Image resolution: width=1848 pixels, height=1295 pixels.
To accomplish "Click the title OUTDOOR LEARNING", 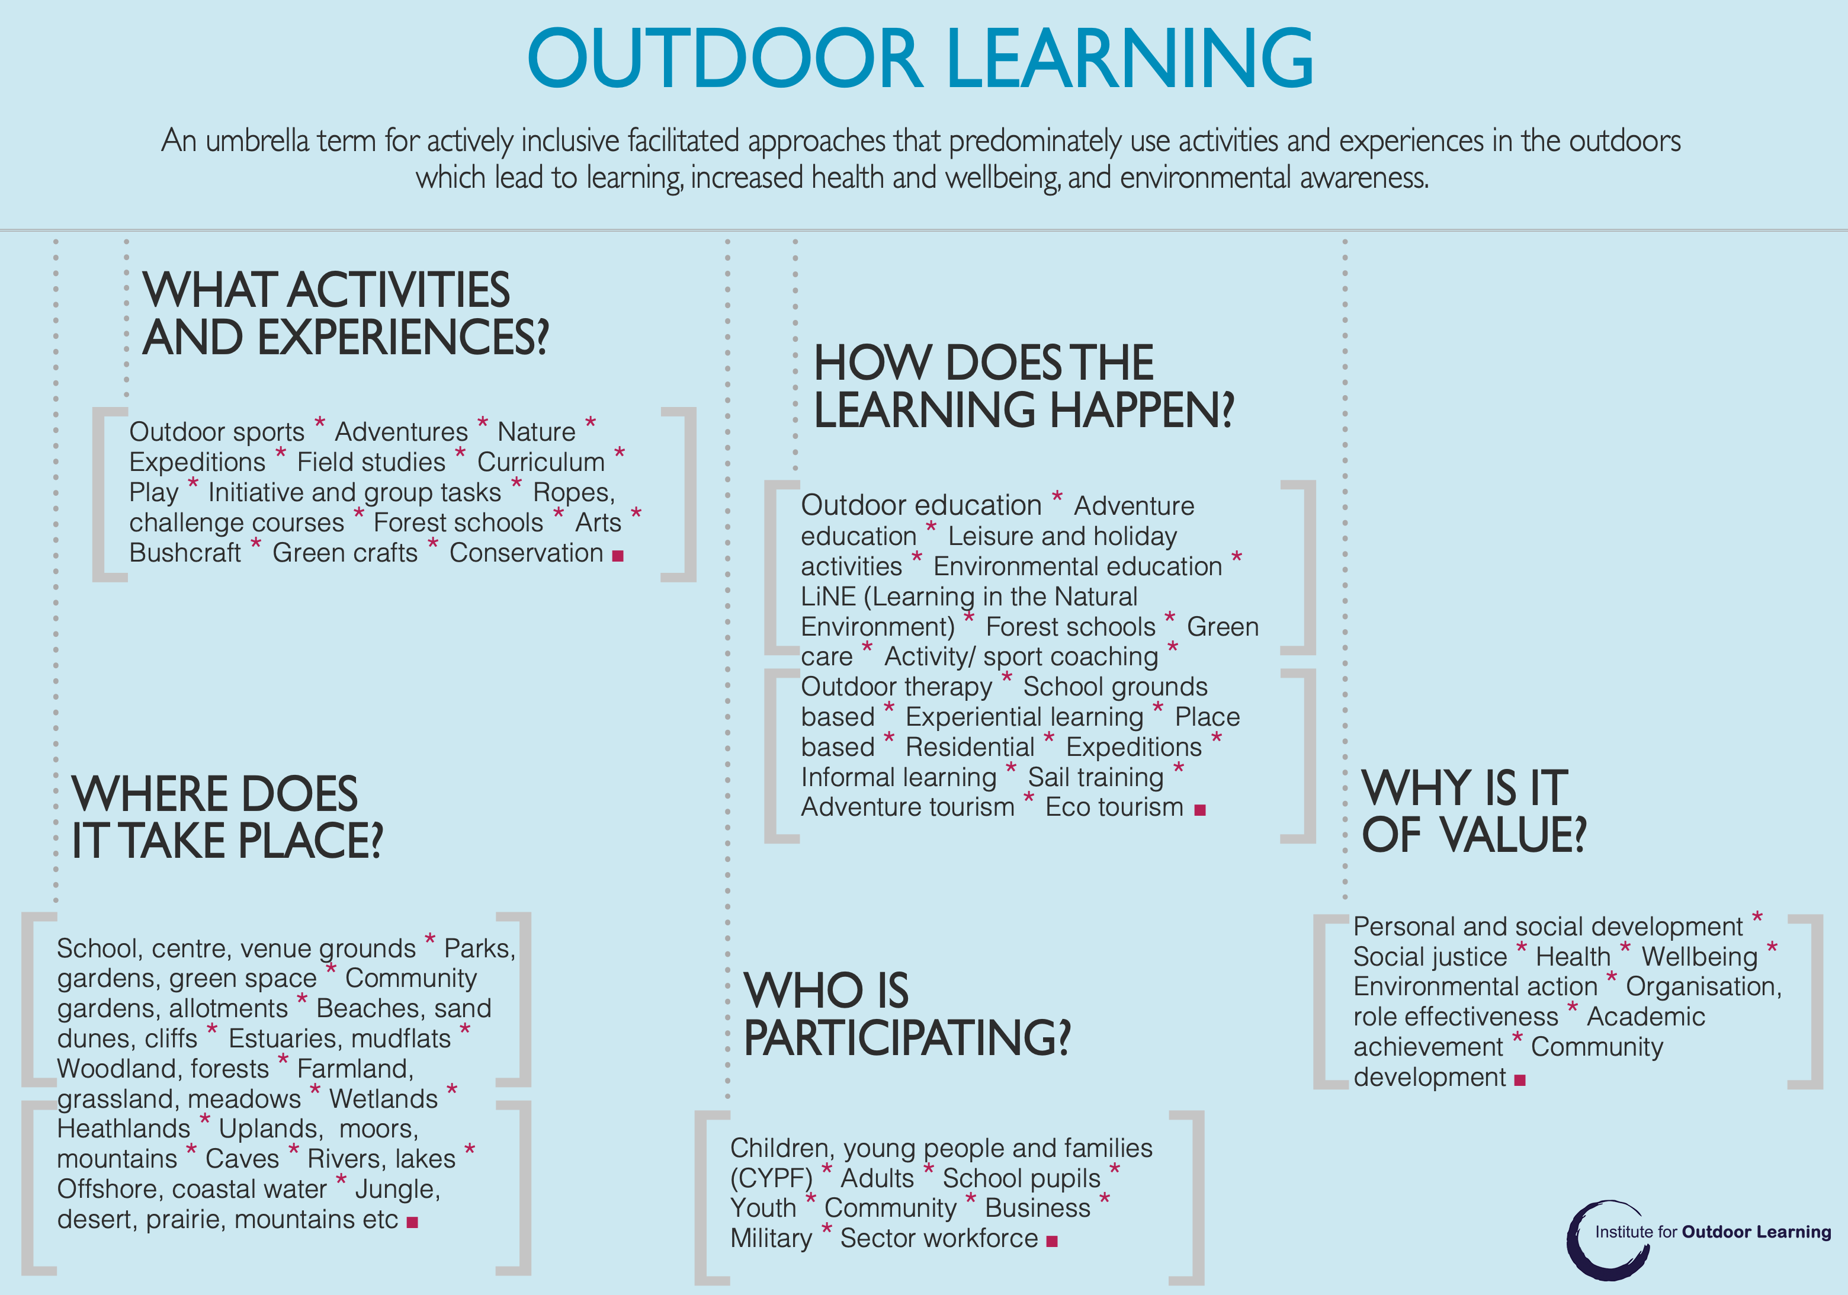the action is (920, 58).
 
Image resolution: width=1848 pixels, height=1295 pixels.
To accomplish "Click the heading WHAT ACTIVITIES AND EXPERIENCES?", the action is (345, 313).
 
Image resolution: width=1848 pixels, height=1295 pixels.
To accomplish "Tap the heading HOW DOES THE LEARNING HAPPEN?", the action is (1023, 386).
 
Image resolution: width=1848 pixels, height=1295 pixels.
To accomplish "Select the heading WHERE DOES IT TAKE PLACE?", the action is (227, 817).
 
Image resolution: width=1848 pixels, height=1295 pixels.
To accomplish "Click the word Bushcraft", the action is (185, 553).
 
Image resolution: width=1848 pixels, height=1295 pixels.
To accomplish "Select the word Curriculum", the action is (541, 462).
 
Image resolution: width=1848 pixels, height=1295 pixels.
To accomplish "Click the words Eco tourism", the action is (1114, 807).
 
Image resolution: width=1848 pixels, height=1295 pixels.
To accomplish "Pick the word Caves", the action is (242, 1159).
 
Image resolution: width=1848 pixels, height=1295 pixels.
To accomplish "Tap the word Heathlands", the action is (123, 1129).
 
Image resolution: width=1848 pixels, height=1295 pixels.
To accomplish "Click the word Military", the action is (771, 1239).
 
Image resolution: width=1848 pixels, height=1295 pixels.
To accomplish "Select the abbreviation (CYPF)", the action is (771, 1179).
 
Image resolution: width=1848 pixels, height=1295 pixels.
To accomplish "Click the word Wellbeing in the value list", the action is (1699, 957).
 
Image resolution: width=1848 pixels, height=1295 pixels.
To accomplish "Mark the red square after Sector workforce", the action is (1051, 1242).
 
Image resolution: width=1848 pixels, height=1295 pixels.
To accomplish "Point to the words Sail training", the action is (1095, 777).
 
